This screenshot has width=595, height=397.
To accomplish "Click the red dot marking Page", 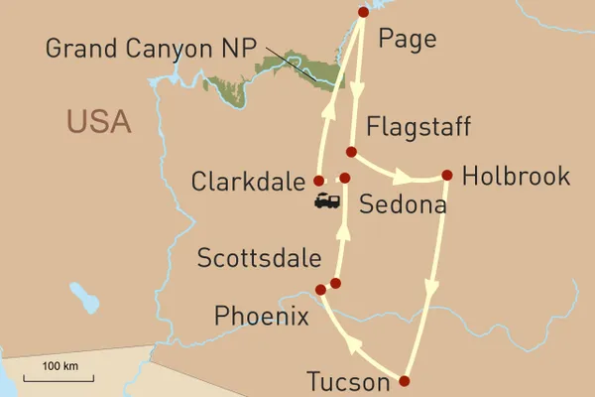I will pyautogui.click(x=363, y=12).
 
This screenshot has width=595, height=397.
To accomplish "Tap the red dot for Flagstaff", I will pyautogui.click(x=350, y=152).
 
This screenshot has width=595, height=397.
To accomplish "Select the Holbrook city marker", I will pyautogui.click(x=446, y=176).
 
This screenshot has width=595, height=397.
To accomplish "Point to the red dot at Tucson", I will pyautogui.click(x=405, y=380).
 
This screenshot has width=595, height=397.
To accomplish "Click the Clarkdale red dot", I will pyautogui.click(x=318, y=181).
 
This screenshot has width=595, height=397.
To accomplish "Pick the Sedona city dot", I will pyautogui.click(x=345, y=179).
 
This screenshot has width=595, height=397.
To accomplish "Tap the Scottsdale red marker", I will pyautogui.click(x=335, y=283).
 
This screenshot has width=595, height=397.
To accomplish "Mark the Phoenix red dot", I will pyautogui.click(x=319, y=290).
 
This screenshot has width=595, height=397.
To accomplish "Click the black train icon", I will pyautogui.click(x=327, y=201).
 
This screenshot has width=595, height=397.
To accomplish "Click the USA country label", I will pyautogui.click(x=99, y=122).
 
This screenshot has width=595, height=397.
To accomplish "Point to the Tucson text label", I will pyautogui.click(x=350, y=382).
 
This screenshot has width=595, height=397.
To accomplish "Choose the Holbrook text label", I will pyautogui.click(x=516, y=177).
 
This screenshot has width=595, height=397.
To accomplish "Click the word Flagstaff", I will pyautogui.click(x=417, y=127).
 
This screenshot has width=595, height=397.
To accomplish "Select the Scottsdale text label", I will pyautogui.click(x=260, y=260).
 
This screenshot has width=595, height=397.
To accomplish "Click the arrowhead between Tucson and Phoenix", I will pyautogui.click(x=355, y=345).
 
